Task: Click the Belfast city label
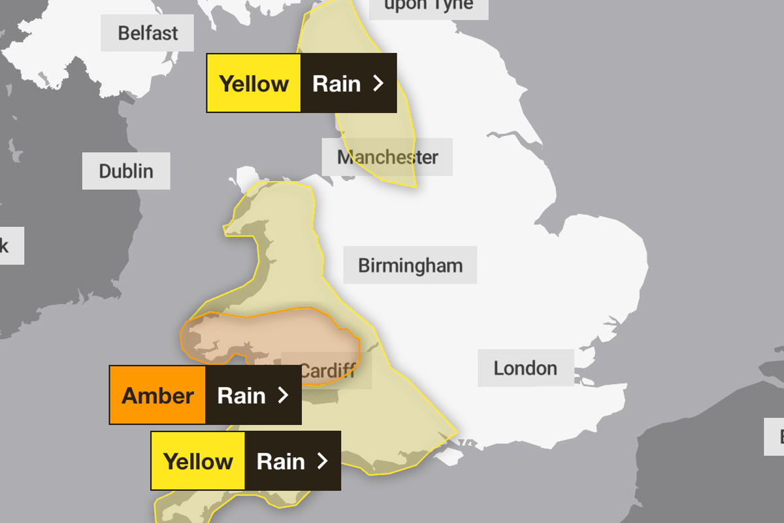(148, 33)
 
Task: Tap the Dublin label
(126, 171)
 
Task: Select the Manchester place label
(387, 157)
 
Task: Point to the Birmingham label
(410, 265)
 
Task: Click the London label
(525, 368)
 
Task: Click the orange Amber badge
(157, 396)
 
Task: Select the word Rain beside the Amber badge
(241, 396)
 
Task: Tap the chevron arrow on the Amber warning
(284, 396)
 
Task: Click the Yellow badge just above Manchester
(253, 84)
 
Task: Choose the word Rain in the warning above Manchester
(336, 84)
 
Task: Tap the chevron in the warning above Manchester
(378, 84)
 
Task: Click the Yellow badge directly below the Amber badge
(198, 462)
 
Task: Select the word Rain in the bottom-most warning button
(281, 462)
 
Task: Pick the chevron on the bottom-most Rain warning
(322, 462)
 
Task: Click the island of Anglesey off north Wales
(248, 177)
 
